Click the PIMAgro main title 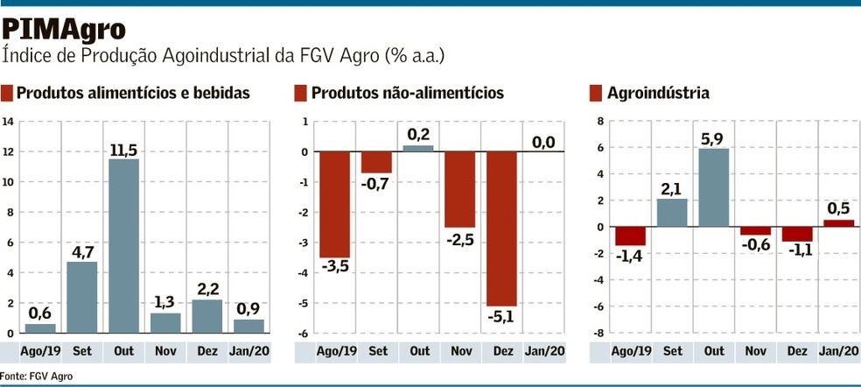click(64, 29)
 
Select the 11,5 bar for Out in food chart click(122, 245)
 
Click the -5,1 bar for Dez click(502, 229)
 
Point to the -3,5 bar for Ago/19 click(334, 204)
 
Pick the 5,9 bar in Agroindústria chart click(713, 187)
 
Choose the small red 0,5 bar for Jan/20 click(839, 223)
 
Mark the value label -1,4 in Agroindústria click(629, 256)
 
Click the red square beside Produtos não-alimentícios click(300, 93)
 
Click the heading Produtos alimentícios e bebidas click(133, 93)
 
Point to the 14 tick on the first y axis click(8, 122)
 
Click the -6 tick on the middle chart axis click(303, 334)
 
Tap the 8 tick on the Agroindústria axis click(601, 122)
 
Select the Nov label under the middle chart click(460, 351)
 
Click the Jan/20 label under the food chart click(248, 351)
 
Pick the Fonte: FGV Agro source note click(37, 376)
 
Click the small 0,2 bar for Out click(418, 148)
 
